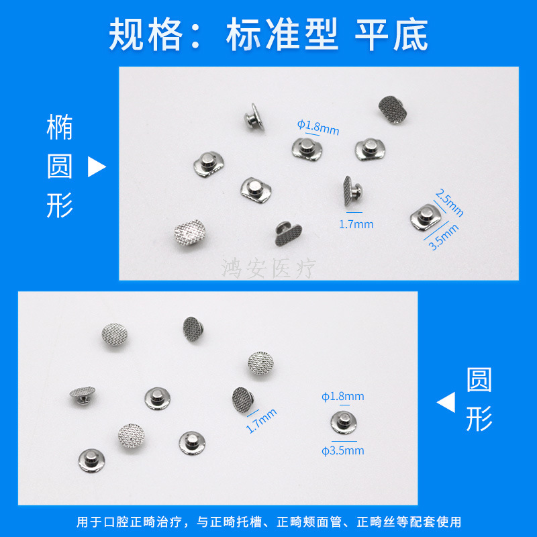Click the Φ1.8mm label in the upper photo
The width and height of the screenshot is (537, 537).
[318, 128]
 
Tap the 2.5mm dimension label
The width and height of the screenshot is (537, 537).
[449, 203]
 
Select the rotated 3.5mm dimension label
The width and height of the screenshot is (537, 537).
[444, 237]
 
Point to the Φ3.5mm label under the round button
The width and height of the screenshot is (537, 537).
[342, 450]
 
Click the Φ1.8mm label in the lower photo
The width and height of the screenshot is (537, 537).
[342, 397]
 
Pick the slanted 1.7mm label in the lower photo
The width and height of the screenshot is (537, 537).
[261, 421]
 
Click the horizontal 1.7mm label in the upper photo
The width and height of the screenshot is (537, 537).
[356, 224]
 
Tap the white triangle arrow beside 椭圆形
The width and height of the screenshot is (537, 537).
[97, 166]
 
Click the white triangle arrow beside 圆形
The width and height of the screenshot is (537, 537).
[446, 402]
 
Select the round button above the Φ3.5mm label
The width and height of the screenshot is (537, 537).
[344, 423]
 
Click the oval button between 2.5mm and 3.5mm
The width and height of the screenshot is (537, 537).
[426, 217]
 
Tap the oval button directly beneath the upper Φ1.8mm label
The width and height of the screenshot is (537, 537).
[307, 148]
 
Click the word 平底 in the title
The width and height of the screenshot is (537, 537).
[391, 34]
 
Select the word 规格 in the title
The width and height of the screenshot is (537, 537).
[146, 34]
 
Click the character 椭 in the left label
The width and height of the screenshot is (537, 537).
[60, 127]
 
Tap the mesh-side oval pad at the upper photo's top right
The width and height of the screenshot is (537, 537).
[393, 109]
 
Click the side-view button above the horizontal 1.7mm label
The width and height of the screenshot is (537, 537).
[352, 191]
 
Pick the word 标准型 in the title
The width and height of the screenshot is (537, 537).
[282, 34]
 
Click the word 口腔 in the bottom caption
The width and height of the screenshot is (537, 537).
[116, 522]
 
